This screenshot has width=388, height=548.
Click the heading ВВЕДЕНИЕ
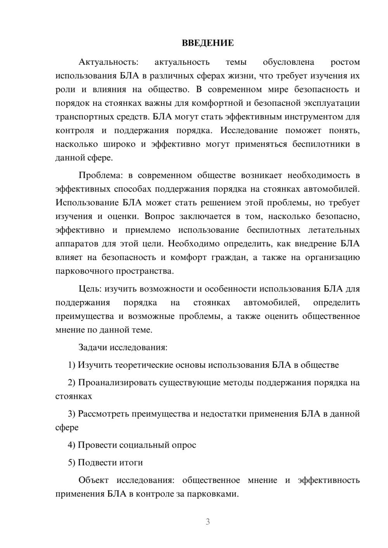tap(208, 43)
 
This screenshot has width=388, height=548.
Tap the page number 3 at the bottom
tap(208, 522)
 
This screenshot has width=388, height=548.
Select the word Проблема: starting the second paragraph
tap(100, 175)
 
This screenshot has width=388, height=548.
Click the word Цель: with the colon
tap(90, 289)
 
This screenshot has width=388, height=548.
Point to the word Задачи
tap(92, 347)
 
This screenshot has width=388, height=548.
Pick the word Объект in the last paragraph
tap(94, 480)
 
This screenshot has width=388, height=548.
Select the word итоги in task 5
tap(131, 462)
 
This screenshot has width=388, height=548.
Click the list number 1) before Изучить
tap(71, 365)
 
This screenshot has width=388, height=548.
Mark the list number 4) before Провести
tap(71, 445)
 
